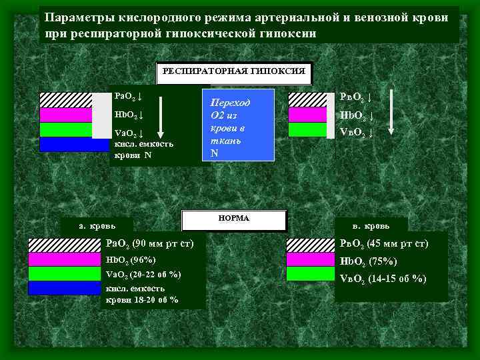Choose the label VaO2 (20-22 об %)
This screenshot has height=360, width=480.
point(143,274)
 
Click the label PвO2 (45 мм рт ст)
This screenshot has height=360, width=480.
point(385,244)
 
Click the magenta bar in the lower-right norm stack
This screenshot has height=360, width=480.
point(310,260)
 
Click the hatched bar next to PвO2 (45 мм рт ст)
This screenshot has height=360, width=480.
point(310,244)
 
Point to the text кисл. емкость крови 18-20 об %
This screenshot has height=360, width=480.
point(142,294)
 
